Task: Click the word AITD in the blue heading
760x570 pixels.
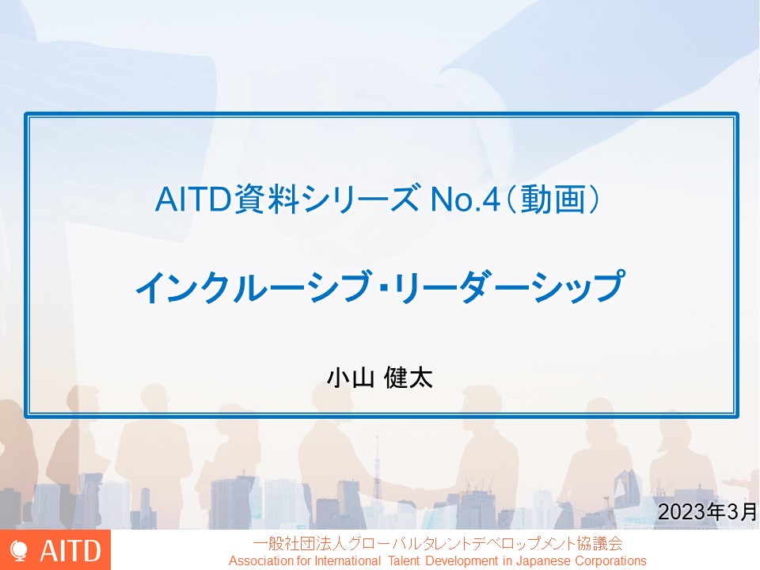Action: [x=192, y=199]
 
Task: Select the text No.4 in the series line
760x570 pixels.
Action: [x=465, y=199]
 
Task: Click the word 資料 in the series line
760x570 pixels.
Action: [x=266, y=199]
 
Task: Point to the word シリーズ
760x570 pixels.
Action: [x=359, y=199]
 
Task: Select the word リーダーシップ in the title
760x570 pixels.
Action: [x=508, y=287]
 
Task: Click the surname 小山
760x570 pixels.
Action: [x=351, y=378]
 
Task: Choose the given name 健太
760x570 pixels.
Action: [x=408, y=378]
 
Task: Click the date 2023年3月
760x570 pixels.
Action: [x=707, y=511]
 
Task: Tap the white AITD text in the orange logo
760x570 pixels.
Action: [x=70, y=551]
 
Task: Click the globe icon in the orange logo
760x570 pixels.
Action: [x=19, y=552]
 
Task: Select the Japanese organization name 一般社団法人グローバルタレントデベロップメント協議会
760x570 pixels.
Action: [x=438, y=543]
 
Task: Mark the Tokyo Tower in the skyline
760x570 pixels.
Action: [x=377, y=473]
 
